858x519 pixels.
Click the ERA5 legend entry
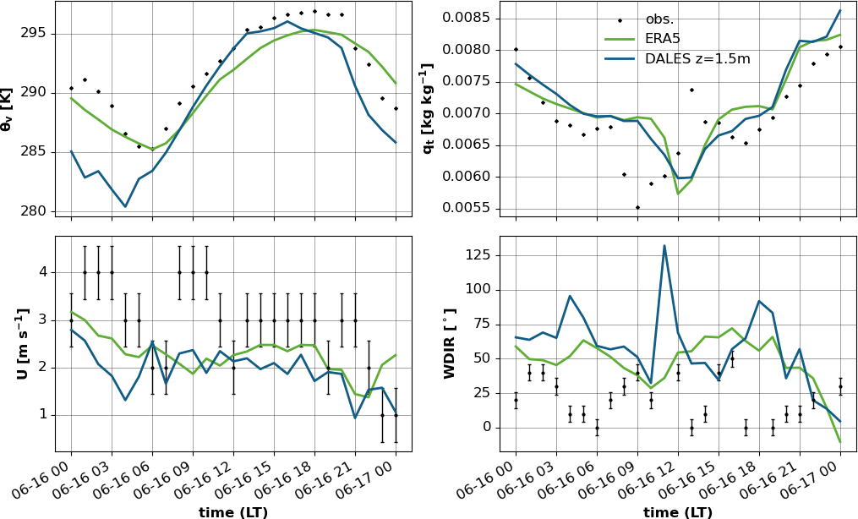point(662,39)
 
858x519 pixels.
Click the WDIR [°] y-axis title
point(450,343)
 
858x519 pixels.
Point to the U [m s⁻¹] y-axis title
point(22,343)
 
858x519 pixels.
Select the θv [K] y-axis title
point(8,108)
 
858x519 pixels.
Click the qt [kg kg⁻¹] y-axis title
point(428,108)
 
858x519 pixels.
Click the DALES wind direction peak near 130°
point(664,246)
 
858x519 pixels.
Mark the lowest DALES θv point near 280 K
point(125,206)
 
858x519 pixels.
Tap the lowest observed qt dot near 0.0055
point(637,207)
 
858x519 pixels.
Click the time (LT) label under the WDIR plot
point(677,512)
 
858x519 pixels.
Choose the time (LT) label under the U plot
point(233,512)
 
